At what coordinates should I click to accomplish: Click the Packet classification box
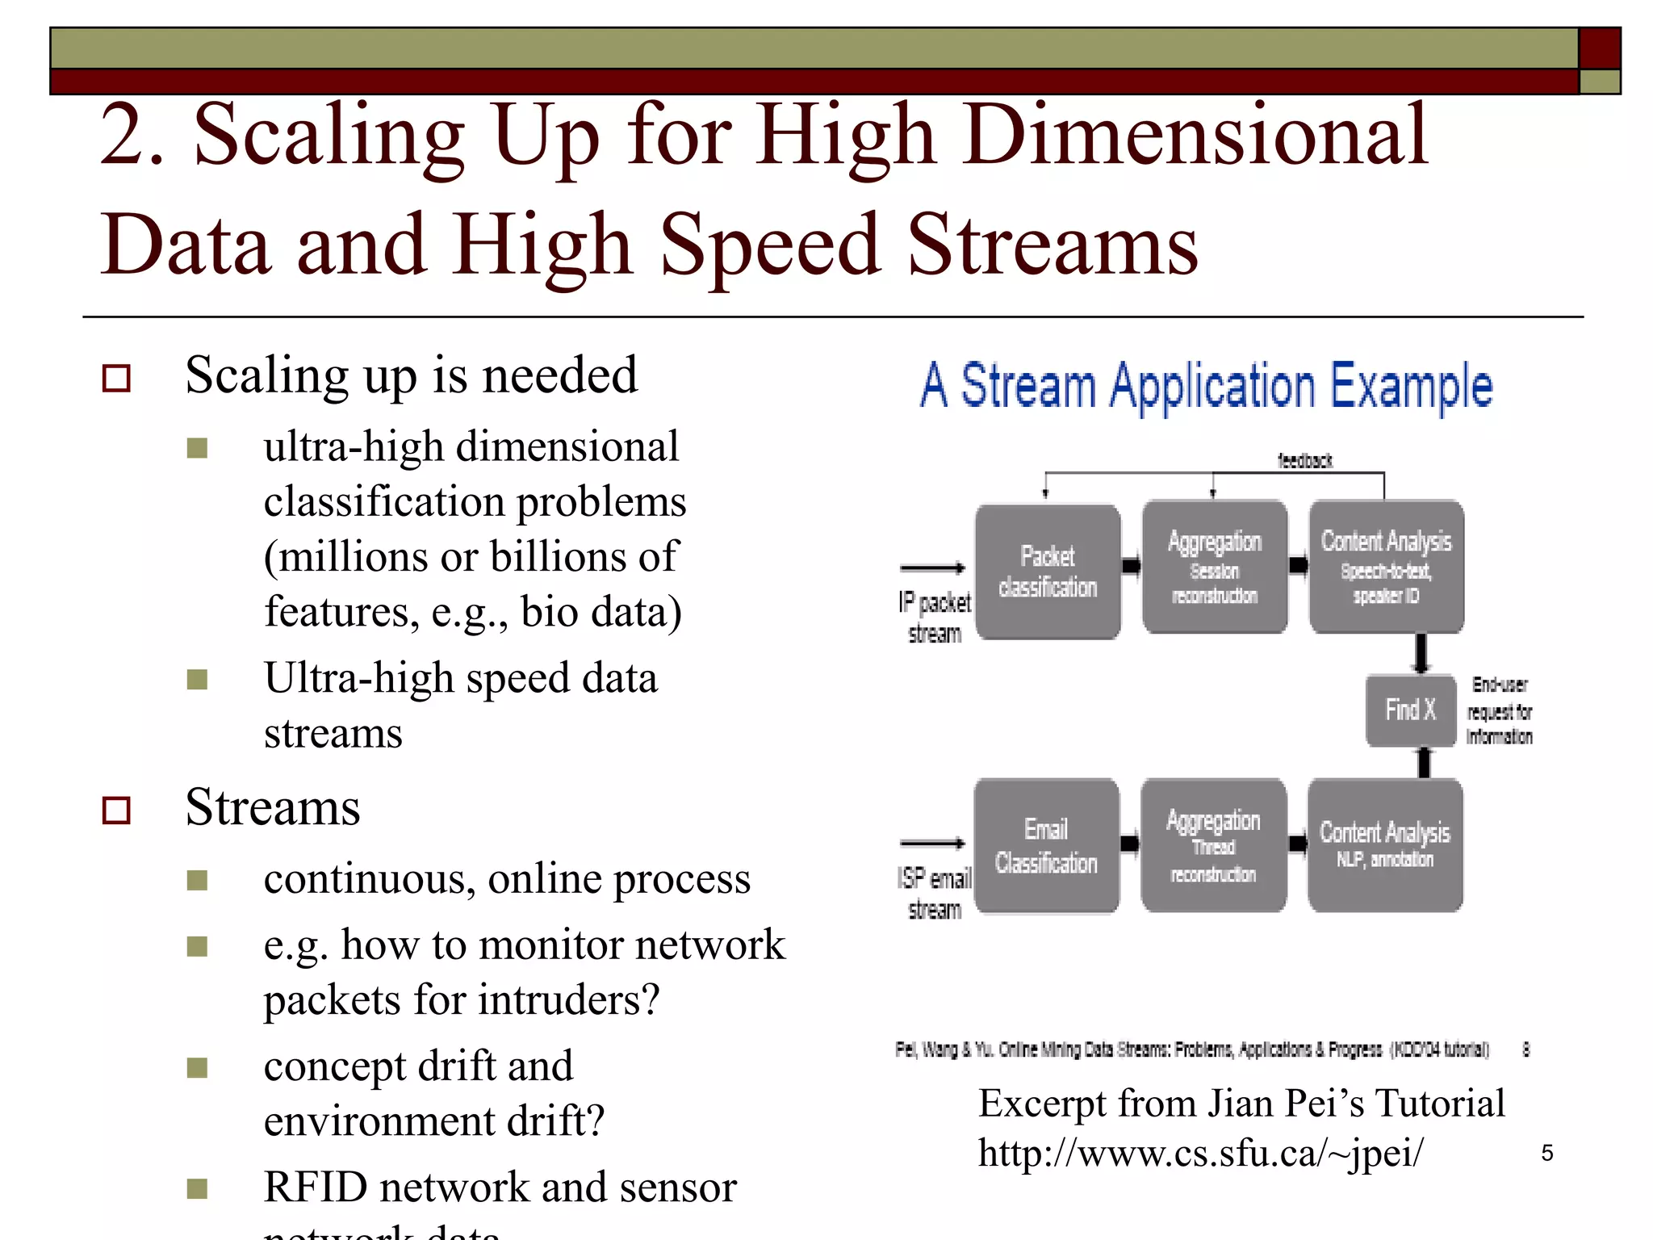(x=1048, y=572)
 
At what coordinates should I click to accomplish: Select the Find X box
(x=1409, y=710)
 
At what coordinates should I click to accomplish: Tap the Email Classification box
(x=1046, y=845)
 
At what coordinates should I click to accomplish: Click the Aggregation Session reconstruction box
(x=1214, y=567)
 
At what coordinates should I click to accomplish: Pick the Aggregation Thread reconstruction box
(x=1213, y=845)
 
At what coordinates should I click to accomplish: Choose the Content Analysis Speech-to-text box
(x=1386, y=567)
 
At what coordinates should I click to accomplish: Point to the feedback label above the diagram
(x=1305, y=461)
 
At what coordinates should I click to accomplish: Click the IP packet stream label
(x=934, y=617)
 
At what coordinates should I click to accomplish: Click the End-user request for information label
(x=1500, y=710)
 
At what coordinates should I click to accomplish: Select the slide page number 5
(x=1546, y=1153)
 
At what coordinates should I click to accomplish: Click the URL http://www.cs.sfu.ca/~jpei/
(x=1200, y=1152)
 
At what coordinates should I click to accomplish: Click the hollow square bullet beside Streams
(x=117, y=810)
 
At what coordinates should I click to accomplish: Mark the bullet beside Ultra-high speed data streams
(x=197, y=679)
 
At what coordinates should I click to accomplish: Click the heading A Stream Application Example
(x=1207, y=386)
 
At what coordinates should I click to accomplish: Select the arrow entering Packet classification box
(x=932, y=568)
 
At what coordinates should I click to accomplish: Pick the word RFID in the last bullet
(x=314, y=1187)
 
